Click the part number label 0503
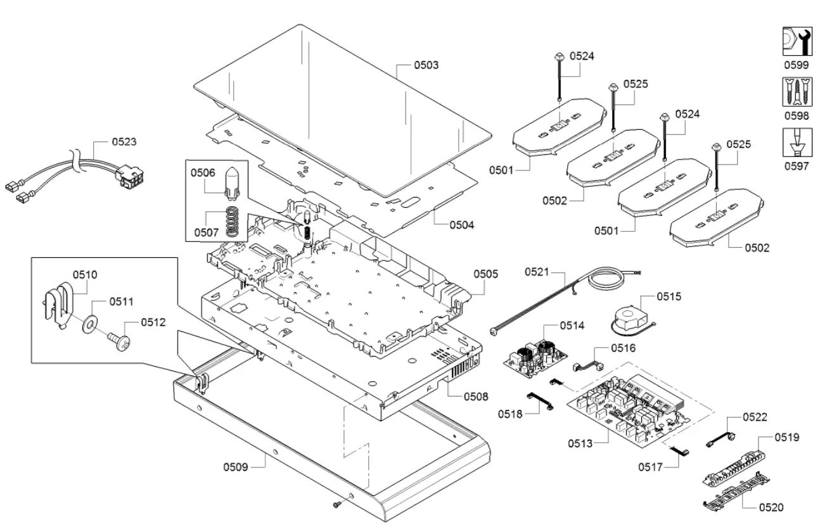426,65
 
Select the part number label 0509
235,467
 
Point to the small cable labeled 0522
721,438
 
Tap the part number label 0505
485,274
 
